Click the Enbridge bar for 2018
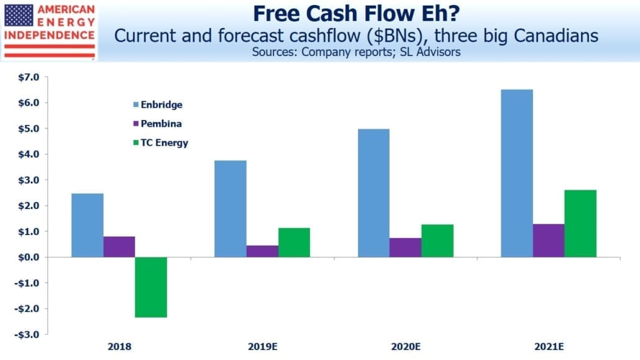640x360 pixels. [x=88, y=225]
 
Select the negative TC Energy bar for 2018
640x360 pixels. [x=151, y=287]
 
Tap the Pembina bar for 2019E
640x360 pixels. [x=262, y=251]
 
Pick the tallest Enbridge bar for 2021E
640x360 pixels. [x=517, y=173]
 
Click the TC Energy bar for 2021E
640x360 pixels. [x=580, y=223]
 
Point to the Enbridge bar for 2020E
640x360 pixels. [x=373, y=193]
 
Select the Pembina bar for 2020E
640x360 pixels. [x=405, y=247]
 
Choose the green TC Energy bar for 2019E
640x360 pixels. [x=295, y=242]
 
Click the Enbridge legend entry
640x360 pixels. [x=158, y=104]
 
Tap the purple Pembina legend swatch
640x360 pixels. [x=136, y=123]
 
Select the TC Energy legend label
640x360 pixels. [x=165, y=142]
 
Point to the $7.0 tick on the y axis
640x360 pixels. [x=29, y=77]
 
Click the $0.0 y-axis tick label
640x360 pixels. [x=29, y=257]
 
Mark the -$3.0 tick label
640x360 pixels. [x=27, y=335]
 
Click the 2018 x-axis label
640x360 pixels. [x=119, y=346]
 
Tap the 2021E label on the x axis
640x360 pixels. [x=549, y=346]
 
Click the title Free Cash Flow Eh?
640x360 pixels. [x=356, y=14]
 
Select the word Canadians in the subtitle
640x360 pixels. [x=556, y=35]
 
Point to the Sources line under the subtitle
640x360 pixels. [x=356, y=52]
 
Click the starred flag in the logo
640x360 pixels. [x=19, y=16]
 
